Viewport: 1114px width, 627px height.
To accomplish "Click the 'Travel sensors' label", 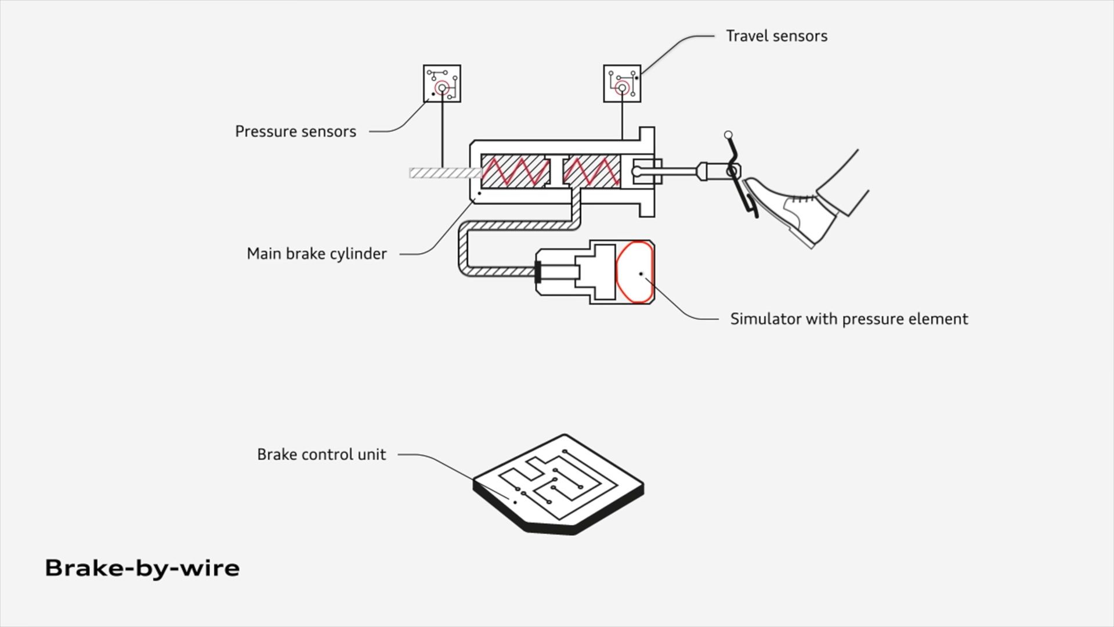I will [x=776, y=36].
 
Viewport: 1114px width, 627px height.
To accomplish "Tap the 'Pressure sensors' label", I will [x=295, y=132].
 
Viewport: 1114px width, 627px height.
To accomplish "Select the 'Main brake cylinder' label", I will [x=316, y=254].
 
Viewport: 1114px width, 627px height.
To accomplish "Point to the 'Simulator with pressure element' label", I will [x=849, y=319].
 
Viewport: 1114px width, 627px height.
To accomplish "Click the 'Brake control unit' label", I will [x=321, y=454].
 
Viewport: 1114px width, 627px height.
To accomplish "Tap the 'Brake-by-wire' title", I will [x=142, y=568].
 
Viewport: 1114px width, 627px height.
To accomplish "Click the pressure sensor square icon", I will [x=442, y=84].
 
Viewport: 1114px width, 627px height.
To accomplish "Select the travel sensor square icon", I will [x=622, y=84].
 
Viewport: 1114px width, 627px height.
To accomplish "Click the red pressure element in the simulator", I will [x=635, y=272].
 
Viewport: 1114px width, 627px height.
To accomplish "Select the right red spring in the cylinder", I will [x=592, y=171].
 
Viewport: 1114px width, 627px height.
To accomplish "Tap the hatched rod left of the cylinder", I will [x=445, y=172].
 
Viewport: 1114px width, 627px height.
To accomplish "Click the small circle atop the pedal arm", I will [x=728, y=135].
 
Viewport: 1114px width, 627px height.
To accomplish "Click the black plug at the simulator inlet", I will [x=538, y=272].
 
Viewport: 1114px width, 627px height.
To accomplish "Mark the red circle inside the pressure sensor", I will [x=442, y=88].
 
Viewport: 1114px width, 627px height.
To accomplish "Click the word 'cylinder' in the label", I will [x=358, y=254].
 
